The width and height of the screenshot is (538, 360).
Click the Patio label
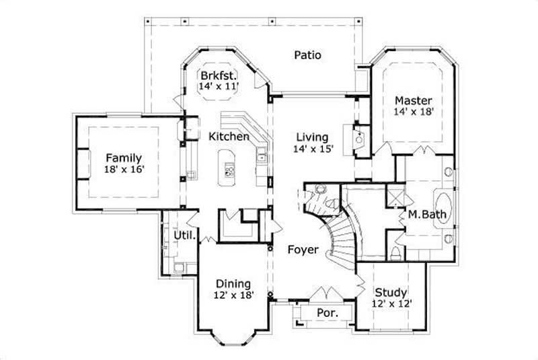(x=307, y=55)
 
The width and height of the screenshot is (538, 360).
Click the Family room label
(x=123, y=158)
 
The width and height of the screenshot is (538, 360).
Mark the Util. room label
(x=185, y=236)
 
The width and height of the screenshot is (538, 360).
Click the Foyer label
(x=303, y=250)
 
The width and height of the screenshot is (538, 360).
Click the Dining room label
(x=233, y=283)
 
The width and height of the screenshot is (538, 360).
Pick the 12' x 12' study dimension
(x=391, y=304)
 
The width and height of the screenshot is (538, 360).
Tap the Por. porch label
(x=325, y=314)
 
